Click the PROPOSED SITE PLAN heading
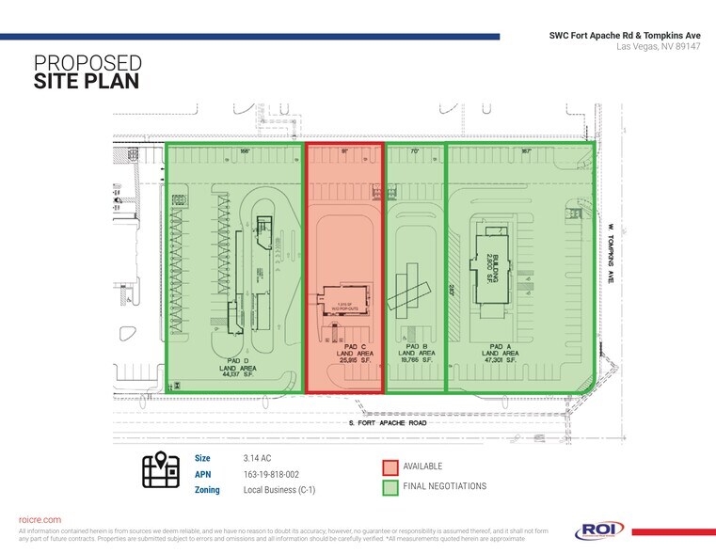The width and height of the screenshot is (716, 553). pyautogui.click(x=87, y=71)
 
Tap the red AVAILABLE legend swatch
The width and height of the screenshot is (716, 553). pyautogui.click(x=390, y=466)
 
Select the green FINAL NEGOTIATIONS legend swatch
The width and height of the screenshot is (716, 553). pyautogui.click(x=390, y=486)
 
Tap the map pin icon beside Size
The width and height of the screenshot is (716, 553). pyautogui.click(x=161, y=470)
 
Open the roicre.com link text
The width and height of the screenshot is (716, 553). pyautogui.click(x=40, y=519)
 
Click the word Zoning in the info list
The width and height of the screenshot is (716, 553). pyautogui.click(x=207, y=490)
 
